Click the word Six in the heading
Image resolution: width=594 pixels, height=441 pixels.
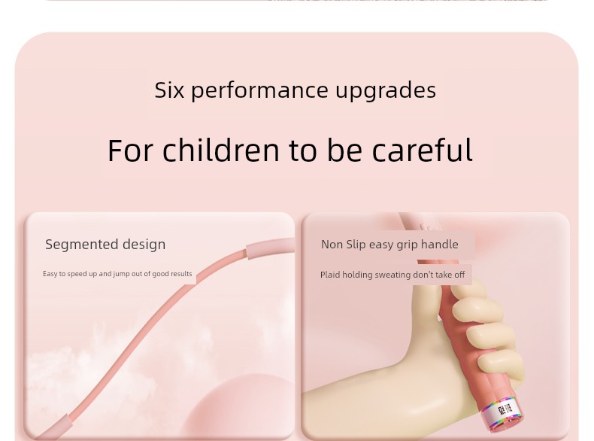(169, 90)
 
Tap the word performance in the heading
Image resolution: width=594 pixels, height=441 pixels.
(259, 91)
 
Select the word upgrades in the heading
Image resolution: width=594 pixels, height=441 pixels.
(386, 91)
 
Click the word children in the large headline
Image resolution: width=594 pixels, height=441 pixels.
(221, 151)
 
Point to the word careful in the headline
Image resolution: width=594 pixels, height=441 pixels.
(423, 151)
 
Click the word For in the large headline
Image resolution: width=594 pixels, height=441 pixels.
(131, 151)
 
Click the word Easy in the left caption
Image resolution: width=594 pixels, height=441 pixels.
(50, 274)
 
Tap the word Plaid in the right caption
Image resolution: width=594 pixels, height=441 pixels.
(330, 275)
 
